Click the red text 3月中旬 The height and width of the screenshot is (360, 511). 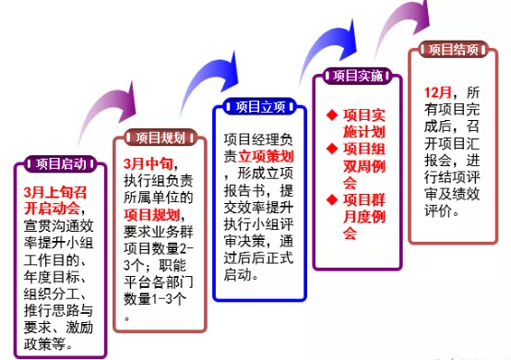point(149,164)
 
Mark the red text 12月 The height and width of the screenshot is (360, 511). point(439,94)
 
